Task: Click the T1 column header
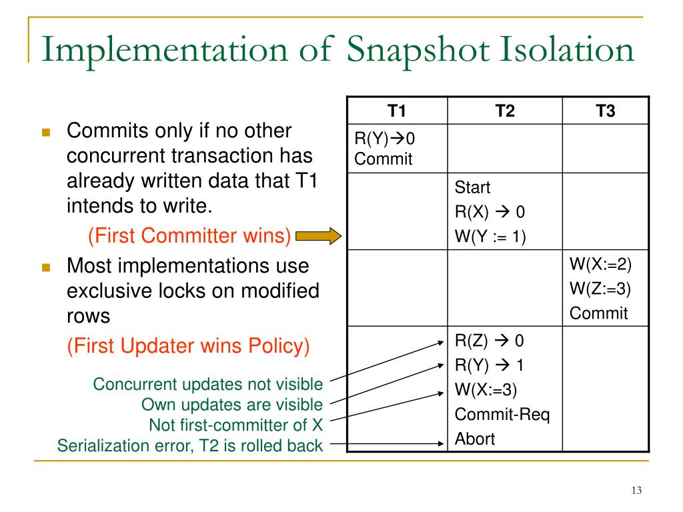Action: click(x=397, y=111)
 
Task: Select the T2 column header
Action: click(x=505, y=111)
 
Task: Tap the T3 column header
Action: click(x=605, y=111)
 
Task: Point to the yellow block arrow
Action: click(x=318, y=235)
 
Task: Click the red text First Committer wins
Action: click(x=189, y=235)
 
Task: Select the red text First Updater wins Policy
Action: click(x=188, y=345)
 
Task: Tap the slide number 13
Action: click(x=636, y=491)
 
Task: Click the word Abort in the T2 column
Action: click(x=475, y=439)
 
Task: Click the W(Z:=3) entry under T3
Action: click(x=600, y=289)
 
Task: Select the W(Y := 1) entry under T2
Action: click(x=491, y=237)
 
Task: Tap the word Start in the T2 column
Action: click(x=472, y=187)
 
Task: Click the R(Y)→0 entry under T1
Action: click(x=384, y=139)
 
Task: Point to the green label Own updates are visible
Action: click(x=232, y=405)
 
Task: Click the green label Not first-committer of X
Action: click(x=235, y=425)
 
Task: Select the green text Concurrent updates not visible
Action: click(x=208, y=385)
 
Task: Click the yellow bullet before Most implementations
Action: click(x=46, y=267)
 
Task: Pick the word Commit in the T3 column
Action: click(x=598, y=313)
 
